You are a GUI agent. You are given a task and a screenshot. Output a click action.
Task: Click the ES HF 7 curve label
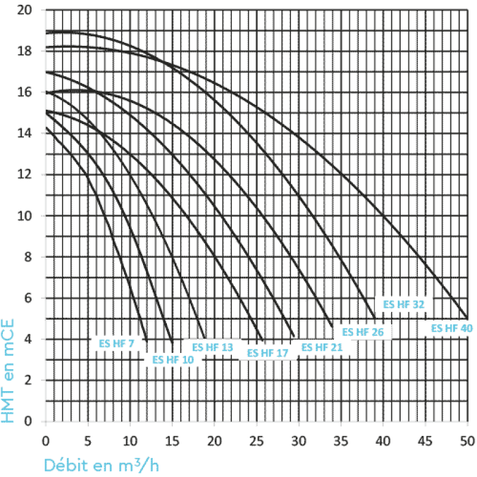[x=114, y=343]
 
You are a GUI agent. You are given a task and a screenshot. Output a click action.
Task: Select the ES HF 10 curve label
[x=173, y=359]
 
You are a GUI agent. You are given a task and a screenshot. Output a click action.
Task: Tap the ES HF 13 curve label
[x=212, y=347]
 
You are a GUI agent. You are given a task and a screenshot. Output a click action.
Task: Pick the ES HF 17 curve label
[x=268, y=353]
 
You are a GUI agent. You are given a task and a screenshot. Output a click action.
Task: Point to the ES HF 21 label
[x=322, y=347]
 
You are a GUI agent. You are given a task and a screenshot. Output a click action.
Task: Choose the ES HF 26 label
[x=363, y=332]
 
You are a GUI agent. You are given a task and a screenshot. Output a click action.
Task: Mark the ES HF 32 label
[x=404, y=304]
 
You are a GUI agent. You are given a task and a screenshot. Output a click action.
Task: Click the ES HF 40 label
[x=451, y=328]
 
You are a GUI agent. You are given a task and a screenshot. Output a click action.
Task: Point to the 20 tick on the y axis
[x=24, y=10]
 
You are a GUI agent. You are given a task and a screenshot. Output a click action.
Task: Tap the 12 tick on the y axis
[x=24, y=175]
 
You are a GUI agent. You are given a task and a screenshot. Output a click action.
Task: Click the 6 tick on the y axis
[x=28, y=298]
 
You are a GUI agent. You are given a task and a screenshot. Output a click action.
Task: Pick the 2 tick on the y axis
[x=28, y=380]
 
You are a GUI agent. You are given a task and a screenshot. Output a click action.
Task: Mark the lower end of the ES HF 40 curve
[x=467, y=318]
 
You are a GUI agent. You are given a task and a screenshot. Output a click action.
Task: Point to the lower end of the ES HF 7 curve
[x=147, y=339]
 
